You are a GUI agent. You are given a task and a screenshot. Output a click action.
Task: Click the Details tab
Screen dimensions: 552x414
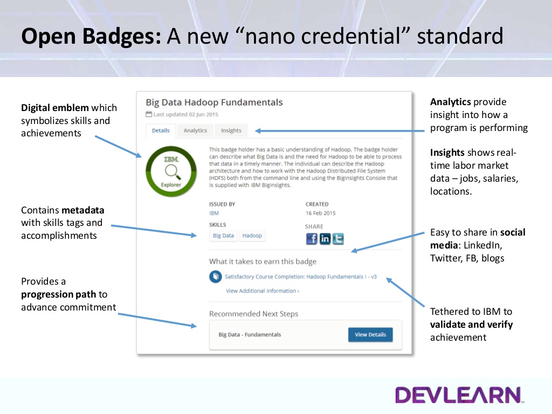pyautogui.click(x=161, y=130)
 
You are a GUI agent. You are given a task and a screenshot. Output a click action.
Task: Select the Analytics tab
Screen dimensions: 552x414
pyautogui.click(x=195, y=130)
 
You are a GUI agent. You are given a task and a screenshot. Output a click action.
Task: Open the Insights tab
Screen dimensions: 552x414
pyautogui.click(x=231, y=130)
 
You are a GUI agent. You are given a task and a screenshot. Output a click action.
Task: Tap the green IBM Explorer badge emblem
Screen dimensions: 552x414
pyautogui.click(x=171, y=171)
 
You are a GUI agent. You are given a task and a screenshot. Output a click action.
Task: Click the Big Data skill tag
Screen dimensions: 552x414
pyautogui.click(x=223, y=236)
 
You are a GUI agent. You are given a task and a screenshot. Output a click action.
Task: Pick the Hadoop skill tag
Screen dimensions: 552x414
pyautogui.click(x=252, y=236)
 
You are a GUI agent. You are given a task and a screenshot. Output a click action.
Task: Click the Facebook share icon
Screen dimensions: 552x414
pyautogui.click(x=312, y=239)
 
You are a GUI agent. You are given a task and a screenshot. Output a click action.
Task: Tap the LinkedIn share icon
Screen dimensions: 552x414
pyautogui.click(x=325, y=239)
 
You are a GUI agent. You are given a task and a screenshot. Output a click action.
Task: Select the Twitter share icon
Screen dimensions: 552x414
pyautogui.click(x=339, y=239)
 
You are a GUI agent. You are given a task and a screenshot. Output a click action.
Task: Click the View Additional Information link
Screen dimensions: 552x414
pyautogui.click(x=263, y=291)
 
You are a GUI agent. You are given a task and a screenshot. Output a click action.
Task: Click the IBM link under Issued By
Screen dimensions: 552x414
pyautogui.click(x=214, y=213)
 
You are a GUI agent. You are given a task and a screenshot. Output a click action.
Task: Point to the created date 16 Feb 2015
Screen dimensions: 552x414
pyautogui.click(x=320, y=213)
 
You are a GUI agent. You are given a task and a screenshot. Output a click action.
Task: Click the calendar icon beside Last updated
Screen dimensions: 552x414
pyautogui.click(x=149, y=114)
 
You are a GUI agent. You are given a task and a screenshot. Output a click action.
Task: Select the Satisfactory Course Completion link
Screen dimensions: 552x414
pyautogui.click(x=301, y=277)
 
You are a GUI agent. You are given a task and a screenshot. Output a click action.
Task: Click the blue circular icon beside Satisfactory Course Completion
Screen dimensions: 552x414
pyautogui.click(x=216, y=277)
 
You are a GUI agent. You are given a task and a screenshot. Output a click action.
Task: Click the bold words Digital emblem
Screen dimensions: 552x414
pyautogui.click(x=55, y=108)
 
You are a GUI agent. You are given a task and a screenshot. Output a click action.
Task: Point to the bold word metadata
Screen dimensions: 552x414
pyautogui.click(x=82, y=210)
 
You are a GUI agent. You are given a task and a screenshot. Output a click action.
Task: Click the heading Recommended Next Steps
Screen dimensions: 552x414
pyautogui.click(x=253, y=314)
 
